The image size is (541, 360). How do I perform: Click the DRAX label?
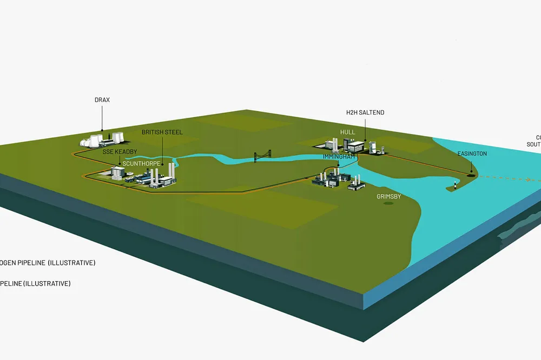[103, 99]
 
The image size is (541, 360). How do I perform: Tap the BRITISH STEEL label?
[162, 132]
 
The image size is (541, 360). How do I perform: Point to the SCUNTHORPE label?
[141, 162]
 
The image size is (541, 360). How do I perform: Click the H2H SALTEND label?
[365, 112]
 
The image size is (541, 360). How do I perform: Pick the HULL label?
[347, 132]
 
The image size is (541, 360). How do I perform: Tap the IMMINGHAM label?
[339, 156]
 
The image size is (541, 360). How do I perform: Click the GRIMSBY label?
[389, 197]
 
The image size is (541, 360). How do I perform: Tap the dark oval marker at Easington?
[470, 174]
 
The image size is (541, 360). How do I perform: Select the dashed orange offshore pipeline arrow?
[509, 178]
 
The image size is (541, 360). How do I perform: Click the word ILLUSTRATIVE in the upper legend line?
[71, 263]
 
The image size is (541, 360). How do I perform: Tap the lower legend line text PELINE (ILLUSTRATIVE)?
[35, 283]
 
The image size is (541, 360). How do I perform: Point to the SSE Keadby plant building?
[118, 172]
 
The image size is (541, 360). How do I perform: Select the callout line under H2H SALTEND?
[365, 128]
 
